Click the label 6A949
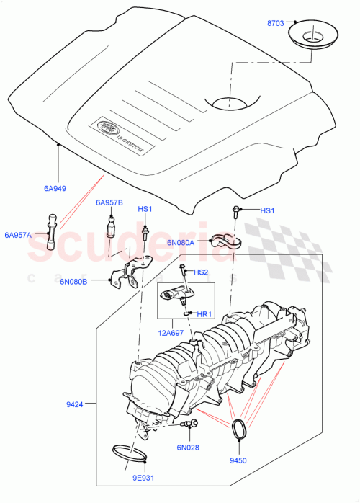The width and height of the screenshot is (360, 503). click(55, 189)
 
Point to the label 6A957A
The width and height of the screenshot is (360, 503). click(18, 235)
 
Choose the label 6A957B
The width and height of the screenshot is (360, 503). click(109, 202)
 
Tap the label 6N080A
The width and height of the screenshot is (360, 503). click(180, 243)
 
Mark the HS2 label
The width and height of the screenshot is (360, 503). click(202, 272)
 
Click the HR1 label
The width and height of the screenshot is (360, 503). click(203, 315)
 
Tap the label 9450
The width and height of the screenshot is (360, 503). click(238, 459)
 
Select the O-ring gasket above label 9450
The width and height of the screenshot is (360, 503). click(238, 428)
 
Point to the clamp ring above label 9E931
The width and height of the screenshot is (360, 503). click(130, 455)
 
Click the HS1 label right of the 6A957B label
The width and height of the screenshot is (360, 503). click(145, 210)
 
